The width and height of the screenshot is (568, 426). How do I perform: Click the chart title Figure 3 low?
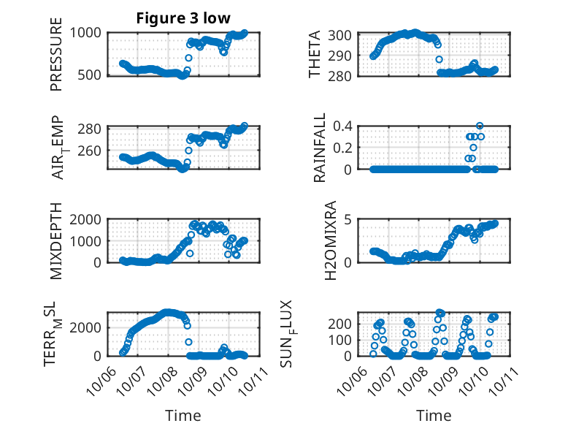[177, 18]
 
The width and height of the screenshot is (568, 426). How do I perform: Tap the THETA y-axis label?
[315, 55]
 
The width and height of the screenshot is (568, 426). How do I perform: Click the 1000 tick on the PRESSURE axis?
[87, 33]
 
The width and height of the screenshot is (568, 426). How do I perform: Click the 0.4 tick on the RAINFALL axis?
[344, 126]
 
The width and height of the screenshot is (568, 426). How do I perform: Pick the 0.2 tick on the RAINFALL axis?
[344, 148]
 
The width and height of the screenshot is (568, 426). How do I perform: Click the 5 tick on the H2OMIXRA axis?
[350, 219]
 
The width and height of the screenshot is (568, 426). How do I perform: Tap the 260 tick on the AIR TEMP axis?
[91, 151]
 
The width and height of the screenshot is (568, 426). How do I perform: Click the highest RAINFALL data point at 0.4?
[480, 126]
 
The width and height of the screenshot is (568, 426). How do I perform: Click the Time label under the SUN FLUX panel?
[434, 415]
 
